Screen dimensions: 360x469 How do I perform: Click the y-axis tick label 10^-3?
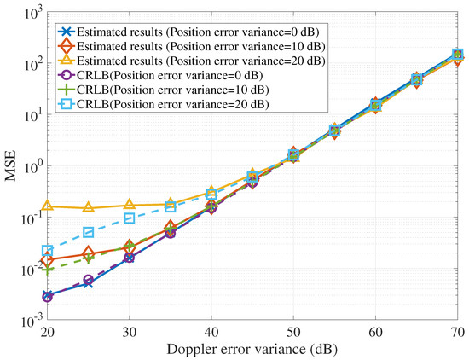pos(31,320)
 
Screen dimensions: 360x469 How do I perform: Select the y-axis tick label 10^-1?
pos(31,218)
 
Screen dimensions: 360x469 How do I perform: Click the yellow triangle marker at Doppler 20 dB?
pos(48,206)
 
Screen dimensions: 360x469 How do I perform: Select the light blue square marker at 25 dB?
pos(89,233)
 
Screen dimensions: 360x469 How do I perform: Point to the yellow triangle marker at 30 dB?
pos(130,206)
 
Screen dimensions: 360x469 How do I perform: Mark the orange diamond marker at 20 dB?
pos(48,259)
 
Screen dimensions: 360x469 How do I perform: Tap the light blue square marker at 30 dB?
pos(130,218)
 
